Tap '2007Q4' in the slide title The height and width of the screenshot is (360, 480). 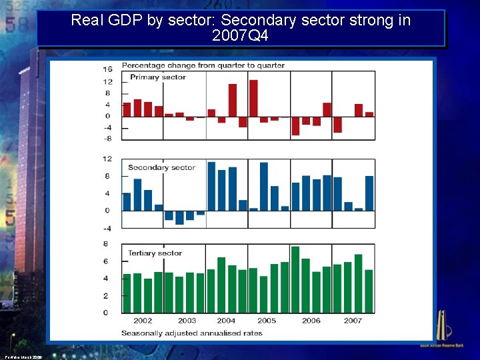tap(240, 36)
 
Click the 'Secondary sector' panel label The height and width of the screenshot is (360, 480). tap(161, 167)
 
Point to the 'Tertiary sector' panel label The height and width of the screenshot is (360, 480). tap(155, 253)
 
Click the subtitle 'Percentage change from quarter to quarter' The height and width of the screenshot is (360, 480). tap(203, 65)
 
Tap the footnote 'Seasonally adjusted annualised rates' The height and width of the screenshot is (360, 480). tap(191, 333)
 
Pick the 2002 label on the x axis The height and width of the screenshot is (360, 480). tap(143, 321)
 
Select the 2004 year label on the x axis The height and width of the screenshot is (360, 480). tap(226, 321)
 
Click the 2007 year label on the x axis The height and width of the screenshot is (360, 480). tap(353, 321)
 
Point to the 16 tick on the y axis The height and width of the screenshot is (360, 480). tap(107, 69)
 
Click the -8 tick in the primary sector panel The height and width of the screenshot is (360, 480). tap(107, 139)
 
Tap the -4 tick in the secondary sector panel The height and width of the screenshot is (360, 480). tap(107, 228)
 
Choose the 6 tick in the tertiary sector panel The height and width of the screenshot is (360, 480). tap(106, 261)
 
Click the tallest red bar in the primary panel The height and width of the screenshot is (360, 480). tap(253, 98)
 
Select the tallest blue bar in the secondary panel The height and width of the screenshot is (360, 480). tap(211, 186)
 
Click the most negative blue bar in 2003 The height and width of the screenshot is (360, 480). tap(179, 217)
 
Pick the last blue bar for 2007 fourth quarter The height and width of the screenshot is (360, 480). tap(369, 193)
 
